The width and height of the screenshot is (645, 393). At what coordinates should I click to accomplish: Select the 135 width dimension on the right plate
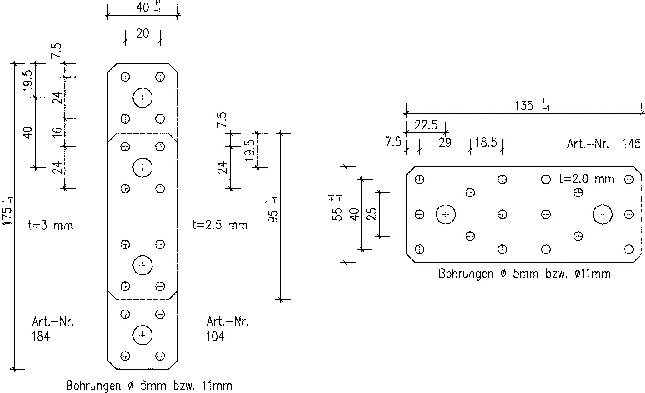(x=524, y=105)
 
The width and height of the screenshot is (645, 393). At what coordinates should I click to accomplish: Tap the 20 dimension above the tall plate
(x=142, y=34)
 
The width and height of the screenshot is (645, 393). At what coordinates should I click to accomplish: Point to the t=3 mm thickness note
(x=51, y=225)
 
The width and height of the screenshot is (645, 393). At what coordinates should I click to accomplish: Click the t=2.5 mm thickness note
(x=220, y=225)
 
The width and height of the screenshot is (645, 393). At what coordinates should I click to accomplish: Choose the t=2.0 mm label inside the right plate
(x=587, y=179)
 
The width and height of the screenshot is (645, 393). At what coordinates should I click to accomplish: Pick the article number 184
(x=41, y=336)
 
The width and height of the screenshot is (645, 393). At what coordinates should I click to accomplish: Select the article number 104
(x=215, y=336)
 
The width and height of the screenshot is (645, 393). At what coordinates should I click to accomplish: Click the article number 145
(x=631, y=144)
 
